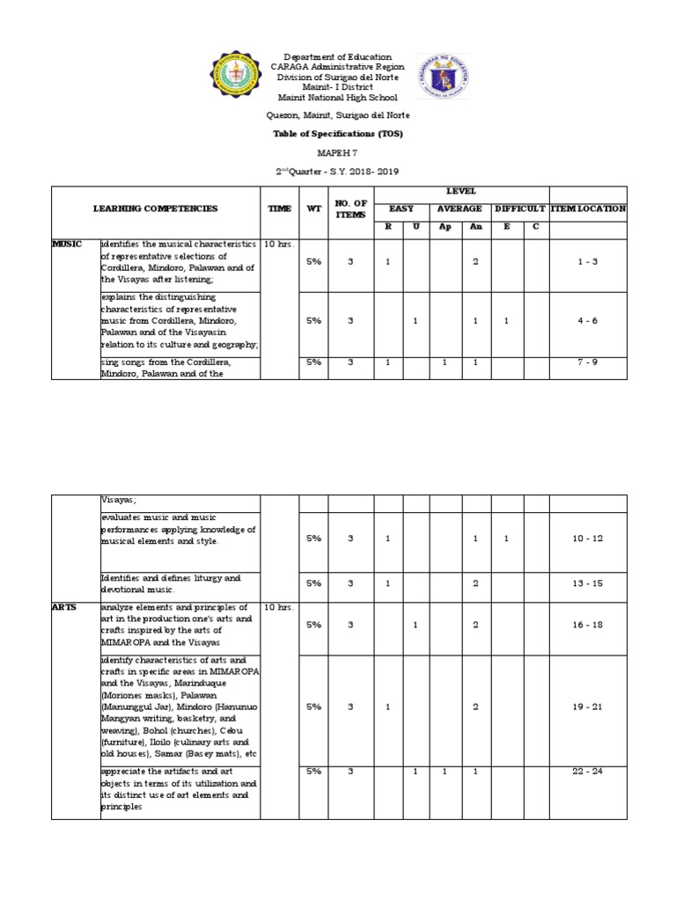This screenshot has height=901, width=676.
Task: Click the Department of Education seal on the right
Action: click(443, 77)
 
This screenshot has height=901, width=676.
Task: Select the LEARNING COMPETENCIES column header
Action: click(156, 209)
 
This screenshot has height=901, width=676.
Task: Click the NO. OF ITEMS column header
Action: click(349, 209)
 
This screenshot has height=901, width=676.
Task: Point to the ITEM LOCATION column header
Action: click(588, 209)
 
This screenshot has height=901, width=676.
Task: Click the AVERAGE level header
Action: click(460, 209)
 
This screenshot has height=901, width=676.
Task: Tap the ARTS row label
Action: click(64, 607)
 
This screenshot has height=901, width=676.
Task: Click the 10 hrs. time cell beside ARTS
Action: click(280, 607)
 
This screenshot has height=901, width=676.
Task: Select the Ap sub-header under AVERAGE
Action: click(445, 227)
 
